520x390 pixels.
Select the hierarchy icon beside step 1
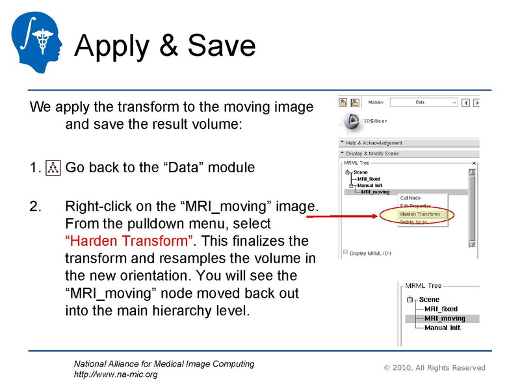[53, 168]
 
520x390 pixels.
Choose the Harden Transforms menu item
[419, 214]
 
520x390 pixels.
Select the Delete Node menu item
[414, 222]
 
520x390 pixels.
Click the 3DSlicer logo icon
[351, 121]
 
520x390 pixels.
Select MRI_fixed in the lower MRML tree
[441, 309]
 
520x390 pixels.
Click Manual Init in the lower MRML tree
[442, 328]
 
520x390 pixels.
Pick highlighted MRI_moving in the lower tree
[445, 318]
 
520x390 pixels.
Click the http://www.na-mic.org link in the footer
[116, 374]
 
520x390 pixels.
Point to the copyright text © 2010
[435, 368]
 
